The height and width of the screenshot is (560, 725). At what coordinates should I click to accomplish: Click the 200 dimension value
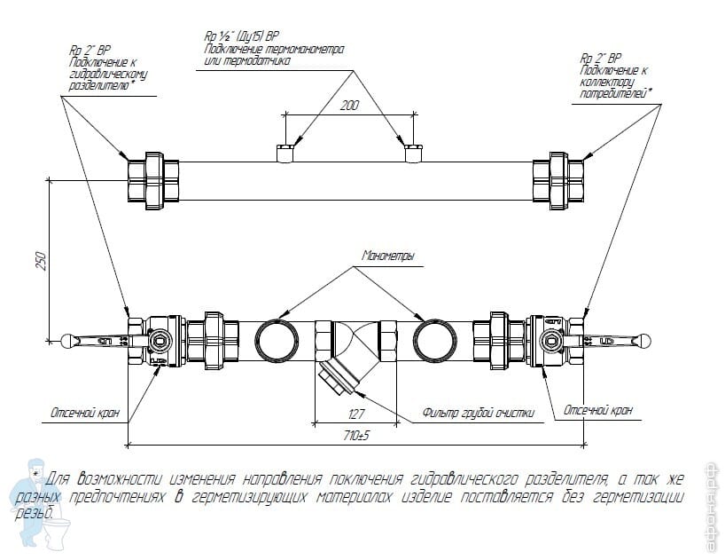tap(349, 105)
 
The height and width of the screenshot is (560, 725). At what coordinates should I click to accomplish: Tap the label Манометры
tap(388, 256)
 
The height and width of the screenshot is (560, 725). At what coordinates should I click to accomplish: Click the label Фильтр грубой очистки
tap(478, 412)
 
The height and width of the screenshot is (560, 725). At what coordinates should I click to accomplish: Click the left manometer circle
tap(281, 340)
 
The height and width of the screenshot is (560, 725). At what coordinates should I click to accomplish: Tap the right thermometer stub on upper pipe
tap(412, 153)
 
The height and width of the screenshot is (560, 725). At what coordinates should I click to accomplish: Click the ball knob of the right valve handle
tap(646, 339)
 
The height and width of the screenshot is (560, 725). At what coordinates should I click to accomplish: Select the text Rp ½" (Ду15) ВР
tap(241, 37)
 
